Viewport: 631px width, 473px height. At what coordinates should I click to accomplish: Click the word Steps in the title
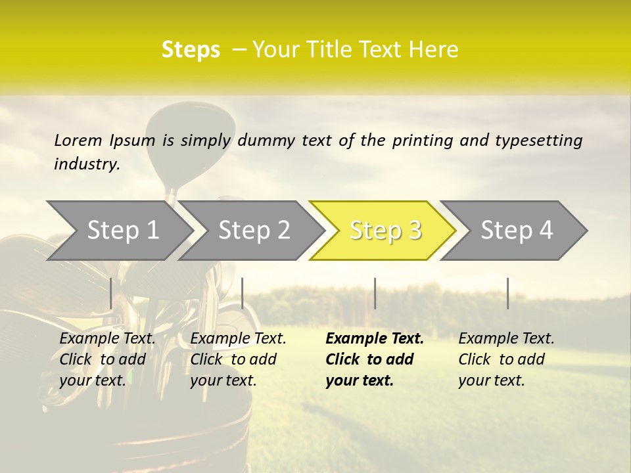point(191,50)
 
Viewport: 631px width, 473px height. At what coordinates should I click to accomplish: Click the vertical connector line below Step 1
point(111,293)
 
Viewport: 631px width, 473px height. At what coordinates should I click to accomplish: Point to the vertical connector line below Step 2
point(243,293)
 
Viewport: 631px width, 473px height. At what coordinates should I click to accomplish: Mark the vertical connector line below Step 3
point(375,293)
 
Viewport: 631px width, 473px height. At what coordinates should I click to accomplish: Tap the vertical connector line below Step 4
point(507,293)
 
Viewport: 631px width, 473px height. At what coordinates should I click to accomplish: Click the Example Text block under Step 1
point(107,359)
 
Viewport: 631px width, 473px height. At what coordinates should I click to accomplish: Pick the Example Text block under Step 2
point(238,359)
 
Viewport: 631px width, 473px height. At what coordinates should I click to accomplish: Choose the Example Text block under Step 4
point(506,359)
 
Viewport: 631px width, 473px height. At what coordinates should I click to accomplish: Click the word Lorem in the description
point(78,140)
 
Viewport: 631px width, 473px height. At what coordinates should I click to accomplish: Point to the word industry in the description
point(87,164)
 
